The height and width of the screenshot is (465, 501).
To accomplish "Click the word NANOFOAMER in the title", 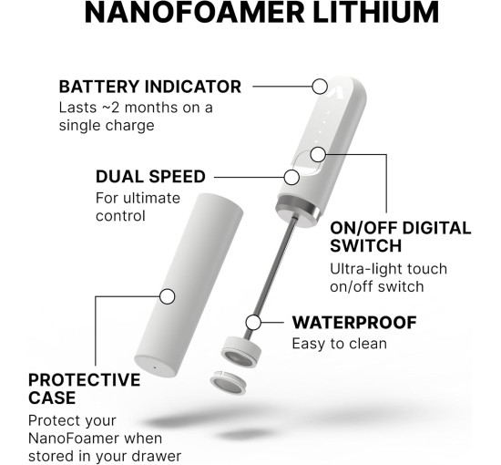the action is tap(194, 12).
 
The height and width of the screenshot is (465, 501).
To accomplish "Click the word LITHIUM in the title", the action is tap(375, 12).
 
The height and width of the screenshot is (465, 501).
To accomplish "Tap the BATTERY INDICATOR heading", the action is tap(150, 87).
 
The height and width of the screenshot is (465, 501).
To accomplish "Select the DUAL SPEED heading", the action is tap(150, 177).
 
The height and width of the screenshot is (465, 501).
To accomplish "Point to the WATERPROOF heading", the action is tap(354, 323).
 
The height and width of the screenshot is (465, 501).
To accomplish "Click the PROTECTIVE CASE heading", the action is tap(85, 388).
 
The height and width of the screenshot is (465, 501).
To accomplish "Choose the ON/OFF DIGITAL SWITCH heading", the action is tap(401, 237).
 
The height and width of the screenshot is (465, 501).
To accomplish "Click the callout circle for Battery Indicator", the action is tap(320, 87).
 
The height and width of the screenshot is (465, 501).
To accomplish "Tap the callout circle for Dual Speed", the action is tap(291, 177).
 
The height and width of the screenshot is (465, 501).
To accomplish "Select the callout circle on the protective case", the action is tap(167, 296).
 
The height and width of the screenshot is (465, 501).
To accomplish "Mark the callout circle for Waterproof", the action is tap(253, 323).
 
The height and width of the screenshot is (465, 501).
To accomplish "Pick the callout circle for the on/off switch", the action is tap(318, 154).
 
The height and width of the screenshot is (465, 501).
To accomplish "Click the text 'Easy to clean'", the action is tap(340, 344).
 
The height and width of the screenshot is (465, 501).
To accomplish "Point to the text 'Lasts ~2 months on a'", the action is tap(136, 108).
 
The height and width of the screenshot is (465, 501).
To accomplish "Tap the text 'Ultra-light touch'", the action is tap(388, 269).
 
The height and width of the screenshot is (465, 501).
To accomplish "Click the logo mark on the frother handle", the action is tap(336, 91).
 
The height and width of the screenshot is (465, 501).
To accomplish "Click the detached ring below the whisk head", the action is tap(228, 382).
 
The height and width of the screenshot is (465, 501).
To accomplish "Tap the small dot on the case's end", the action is tap(155, 367).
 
